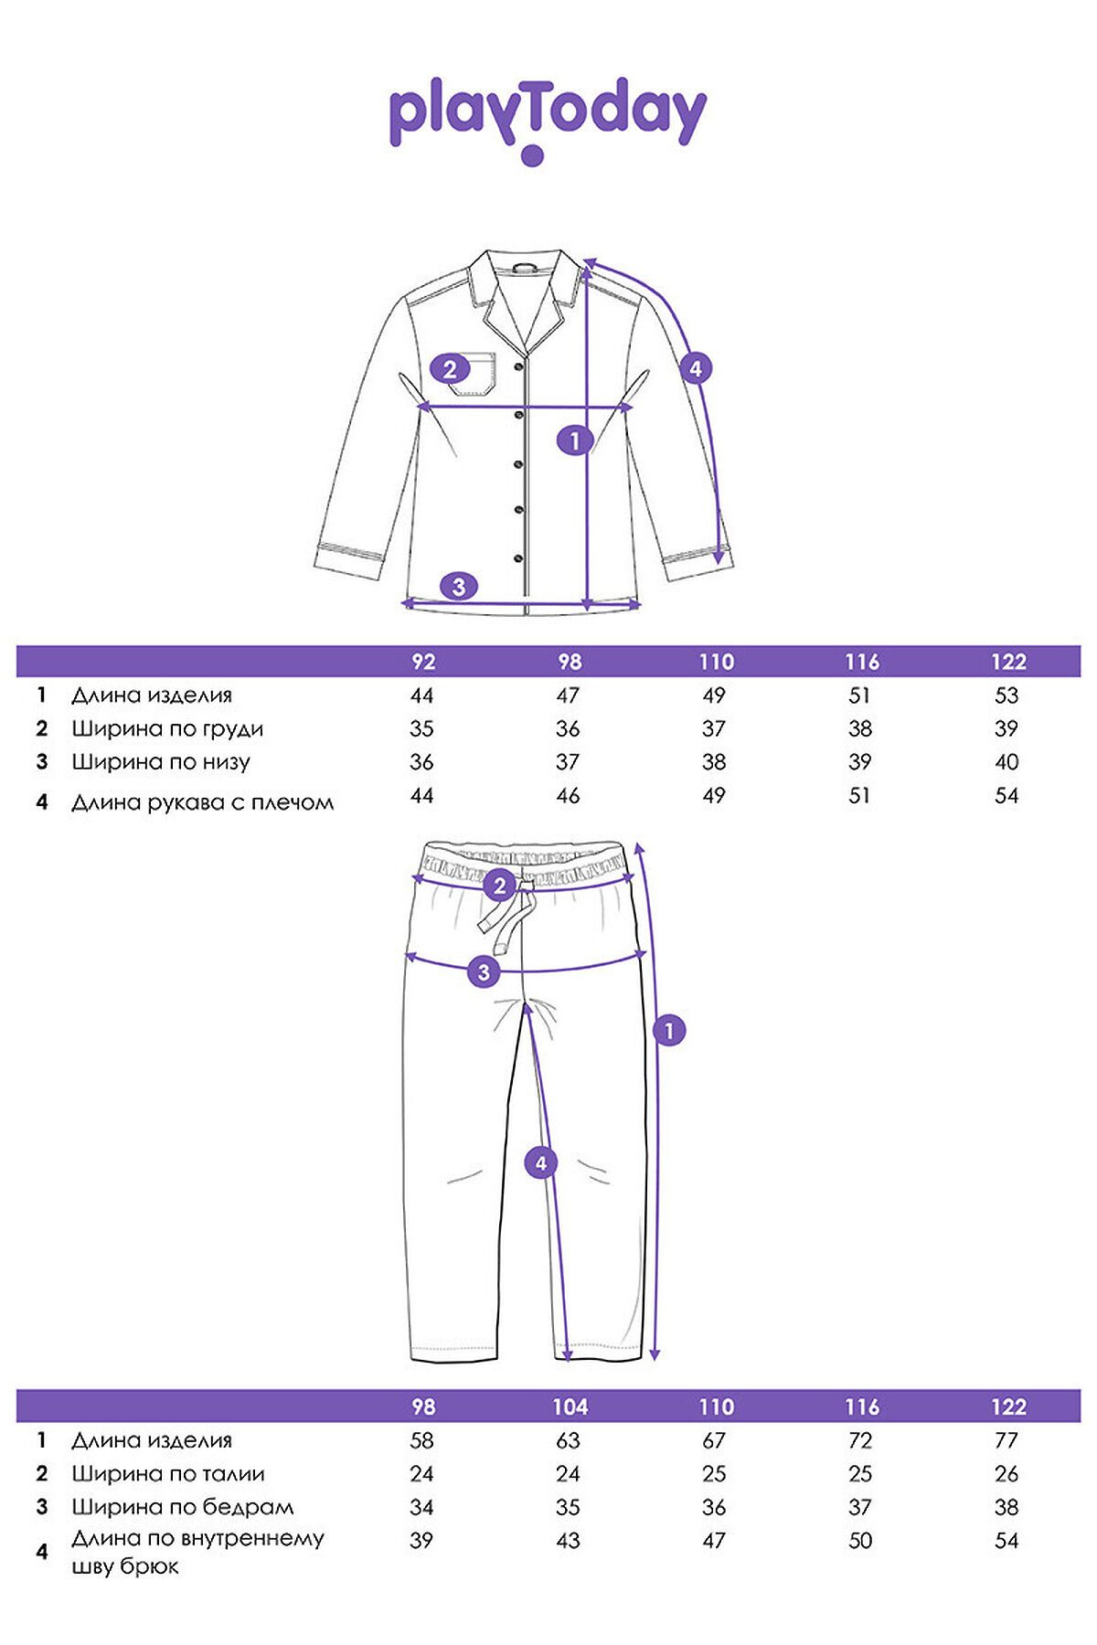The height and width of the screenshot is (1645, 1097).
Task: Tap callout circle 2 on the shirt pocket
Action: point(449,369)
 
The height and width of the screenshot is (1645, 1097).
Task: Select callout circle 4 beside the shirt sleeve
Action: point(696,368)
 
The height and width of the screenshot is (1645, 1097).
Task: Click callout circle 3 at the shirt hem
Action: point(459,586)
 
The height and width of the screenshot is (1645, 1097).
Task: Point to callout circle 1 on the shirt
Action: point(574,440)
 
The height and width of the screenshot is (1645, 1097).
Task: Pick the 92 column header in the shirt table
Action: point(422,662)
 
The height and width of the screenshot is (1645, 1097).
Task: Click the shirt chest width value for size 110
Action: point(714,728)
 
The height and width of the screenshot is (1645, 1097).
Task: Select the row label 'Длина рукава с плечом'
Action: point(202,802)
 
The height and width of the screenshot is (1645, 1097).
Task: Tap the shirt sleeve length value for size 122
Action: point(1006,795)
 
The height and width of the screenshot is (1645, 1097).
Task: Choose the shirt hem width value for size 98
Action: point(568,761)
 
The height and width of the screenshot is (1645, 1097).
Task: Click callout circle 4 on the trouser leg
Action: point(540,1162)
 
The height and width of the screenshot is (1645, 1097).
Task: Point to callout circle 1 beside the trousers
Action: point(669,1031)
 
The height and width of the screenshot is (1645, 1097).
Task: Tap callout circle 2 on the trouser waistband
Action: point(499,886)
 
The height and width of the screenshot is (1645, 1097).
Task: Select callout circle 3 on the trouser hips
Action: point(484,971)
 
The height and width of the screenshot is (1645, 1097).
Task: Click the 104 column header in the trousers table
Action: point(570,1406)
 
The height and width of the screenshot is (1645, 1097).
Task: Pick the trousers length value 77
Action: point(1006,1440)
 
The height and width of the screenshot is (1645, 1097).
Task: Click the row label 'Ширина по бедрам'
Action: point(182,1507)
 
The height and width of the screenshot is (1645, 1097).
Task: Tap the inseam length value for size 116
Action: point(860,1540)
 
